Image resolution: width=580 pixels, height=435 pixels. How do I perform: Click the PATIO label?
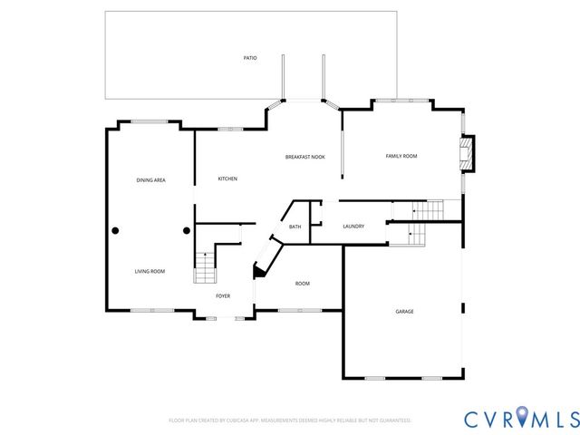pyautogui.click(x=250, y=58)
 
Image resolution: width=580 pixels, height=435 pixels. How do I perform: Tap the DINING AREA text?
pyautogui.click(x=150, y=180)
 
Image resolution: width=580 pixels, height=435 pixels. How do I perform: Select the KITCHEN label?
pyautogui.click(x=227, y=179)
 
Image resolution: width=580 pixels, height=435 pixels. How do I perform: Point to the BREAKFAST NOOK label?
pyautogui.click(x=304, y=157)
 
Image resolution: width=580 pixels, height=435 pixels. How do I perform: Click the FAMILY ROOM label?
pyautogui.click(x=401, y=157)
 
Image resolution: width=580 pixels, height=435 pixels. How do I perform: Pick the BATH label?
pyautogui.click(x=295, y=227)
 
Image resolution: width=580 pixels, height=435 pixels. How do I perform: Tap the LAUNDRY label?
pyautogui.click(x=353, y=227)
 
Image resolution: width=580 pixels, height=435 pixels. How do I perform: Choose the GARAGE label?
pyautogui.click(x=404, y=312)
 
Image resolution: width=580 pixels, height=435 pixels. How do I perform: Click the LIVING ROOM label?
pyautogui.click(x=150, y=271)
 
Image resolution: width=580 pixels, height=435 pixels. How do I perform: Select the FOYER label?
pyautogui.click(x=223, y=296)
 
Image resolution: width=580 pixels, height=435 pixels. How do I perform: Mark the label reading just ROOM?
pyautogui.click(x=303, y=284)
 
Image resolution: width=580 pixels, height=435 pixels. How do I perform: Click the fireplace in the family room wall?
pyautogui.click(x=467, y=154)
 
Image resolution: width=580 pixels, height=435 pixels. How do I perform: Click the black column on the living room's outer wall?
pyautogui.click(x=115, y=230)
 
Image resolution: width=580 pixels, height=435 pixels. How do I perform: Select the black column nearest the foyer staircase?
pyautogui.click(x=188, y=230)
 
